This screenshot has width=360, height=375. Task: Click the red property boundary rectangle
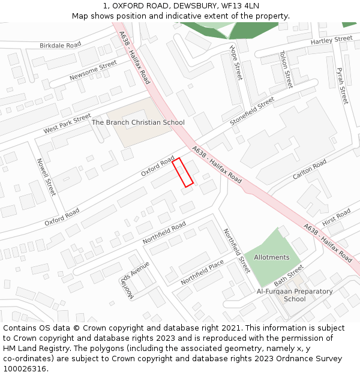183,172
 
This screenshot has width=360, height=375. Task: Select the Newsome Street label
93,70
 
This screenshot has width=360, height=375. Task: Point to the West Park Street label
67,124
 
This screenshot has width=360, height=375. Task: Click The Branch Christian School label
138,122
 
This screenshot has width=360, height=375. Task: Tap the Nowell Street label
46,177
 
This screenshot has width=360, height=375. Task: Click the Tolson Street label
286,69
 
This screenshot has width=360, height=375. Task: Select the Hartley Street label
331,40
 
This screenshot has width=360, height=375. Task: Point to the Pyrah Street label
342,85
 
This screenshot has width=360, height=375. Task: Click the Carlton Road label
310,169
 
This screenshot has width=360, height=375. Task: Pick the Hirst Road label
336,217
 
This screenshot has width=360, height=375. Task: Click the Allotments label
271,257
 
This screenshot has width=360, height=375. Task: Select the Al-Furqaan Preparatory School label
295,295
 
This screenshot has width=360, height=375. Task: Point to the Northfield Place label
202,272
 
